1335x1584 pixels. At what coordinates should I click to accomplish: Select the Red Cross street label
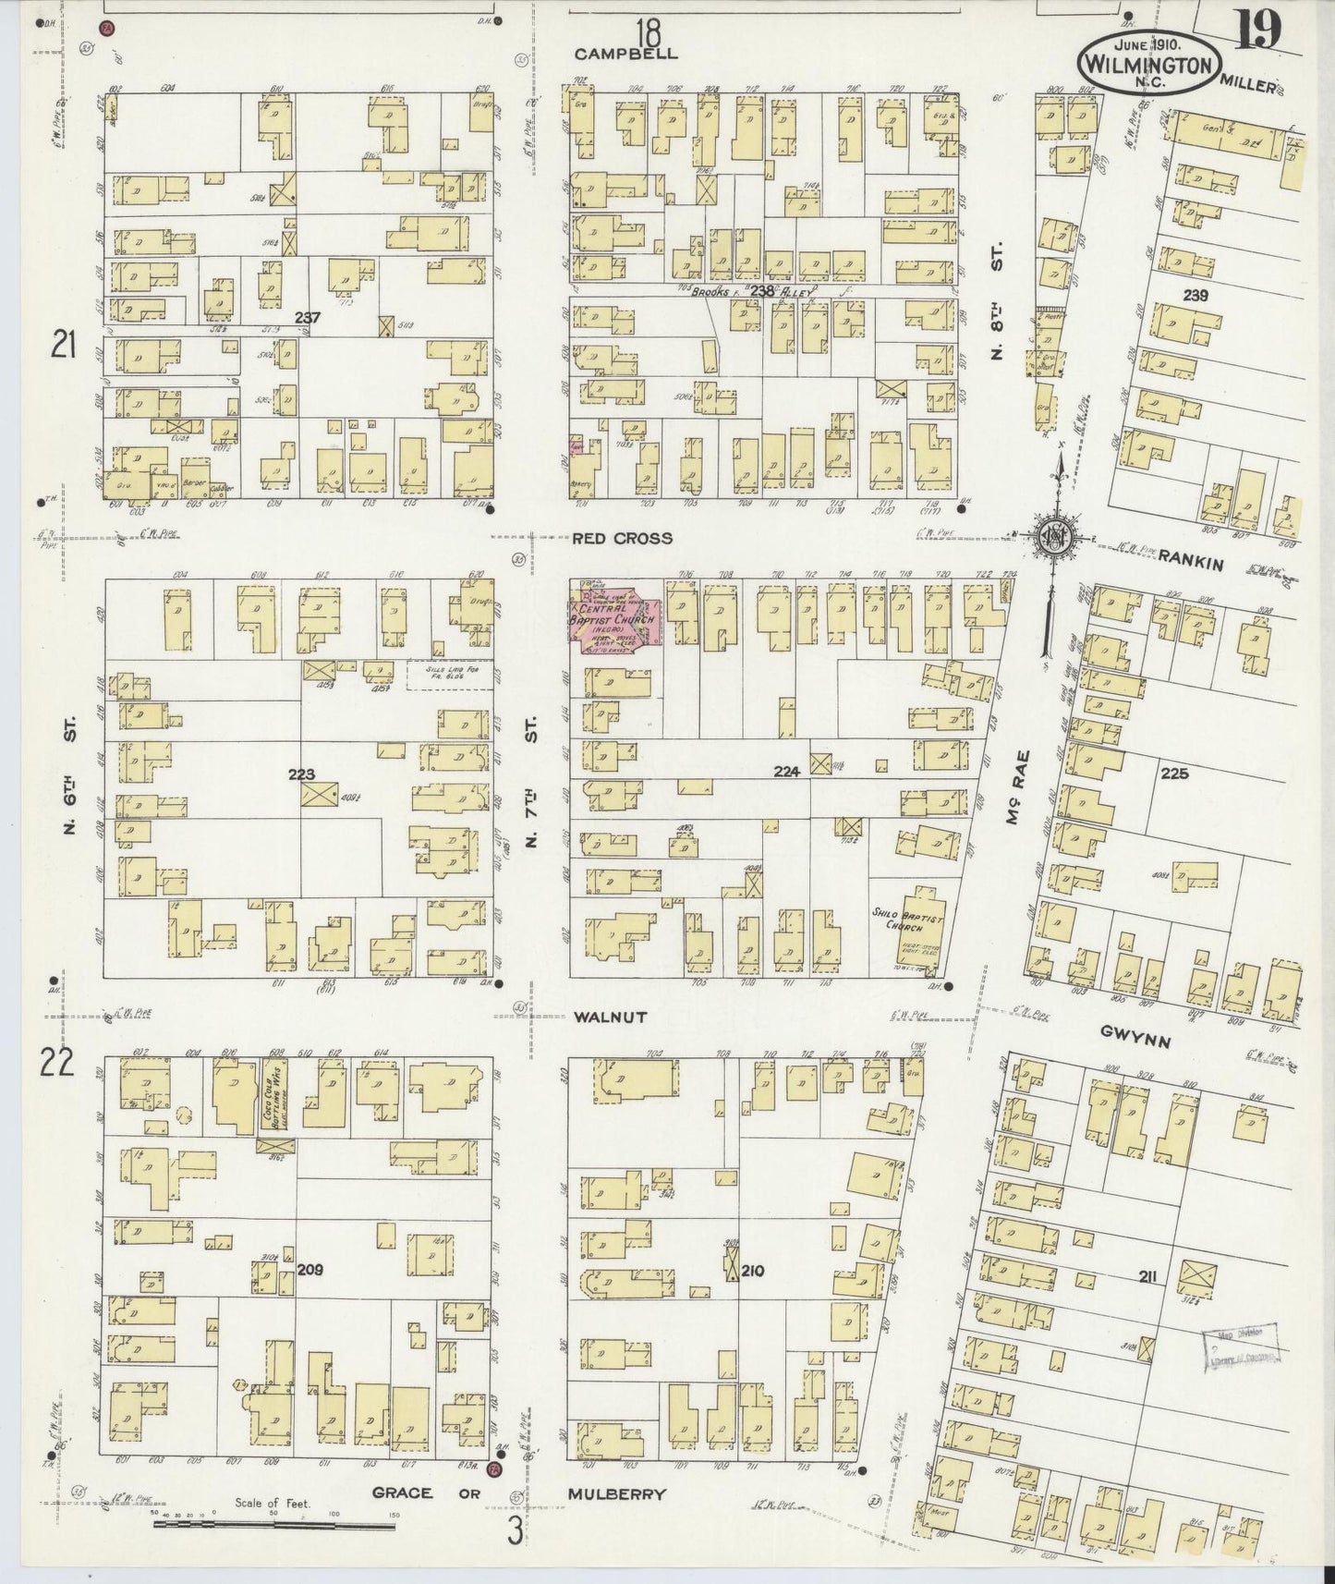tap(622, 538)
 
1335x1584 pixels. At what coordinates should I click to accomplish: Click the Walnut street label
tap(610, 1017)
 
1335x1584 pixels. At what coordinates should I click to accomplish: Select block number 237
tap(307, 318)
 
